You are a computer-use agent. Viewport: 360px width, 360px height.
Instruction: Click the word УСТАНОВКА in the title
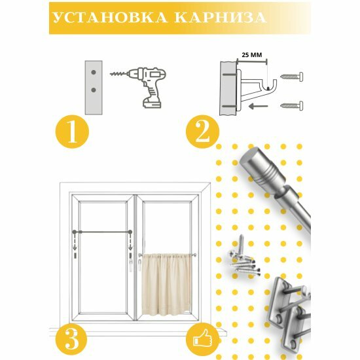110,18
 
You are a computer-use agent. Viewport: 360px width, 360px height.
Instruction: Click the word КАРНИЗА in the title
221,18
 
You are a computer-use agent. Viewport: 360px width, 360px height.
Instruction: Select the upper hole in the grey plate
94,72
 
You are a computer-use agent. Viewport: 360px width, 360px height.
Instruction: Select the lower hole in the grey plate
94,90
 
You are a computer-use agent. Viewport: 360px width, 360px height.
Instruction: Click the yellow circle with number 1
72,132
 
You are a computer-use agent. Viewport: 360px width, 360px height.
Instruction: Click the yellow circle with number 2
202,132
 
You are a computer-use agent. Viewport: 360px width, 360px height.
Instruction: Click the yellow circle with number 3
71,340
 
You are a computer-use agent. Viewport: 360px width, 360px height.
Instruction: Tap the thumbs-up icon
202,339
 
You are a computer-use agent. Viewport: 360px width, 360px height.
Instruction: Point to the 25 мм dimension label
252,55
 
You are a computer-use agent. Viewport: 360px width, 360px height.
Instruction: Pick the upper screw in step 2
292,77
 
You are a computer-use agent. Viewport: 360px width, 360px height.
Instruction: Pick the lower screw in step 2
292,105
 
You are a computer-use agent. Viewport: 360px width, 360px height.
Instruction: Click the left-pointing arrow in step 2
259,106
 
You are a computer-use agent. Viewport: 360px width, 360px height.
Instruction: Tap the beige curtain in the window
167,284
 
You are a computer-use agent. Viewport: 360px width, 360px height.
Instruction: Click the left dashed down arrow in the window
75,243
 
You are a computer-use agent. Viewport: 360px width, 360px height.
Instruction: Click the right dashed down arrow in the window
130,243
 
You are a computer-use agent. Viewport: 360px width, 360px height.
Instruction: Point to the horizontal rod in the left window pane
102,232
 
